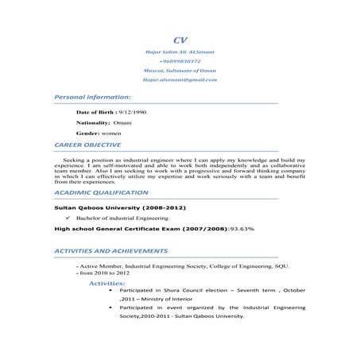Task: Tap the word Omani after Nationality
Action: (x=126, y=125)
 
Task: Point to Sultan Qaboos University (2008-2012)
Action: (x=119, y=207)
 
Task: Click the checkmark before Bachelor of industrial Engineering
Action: (x=69, y=217)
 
